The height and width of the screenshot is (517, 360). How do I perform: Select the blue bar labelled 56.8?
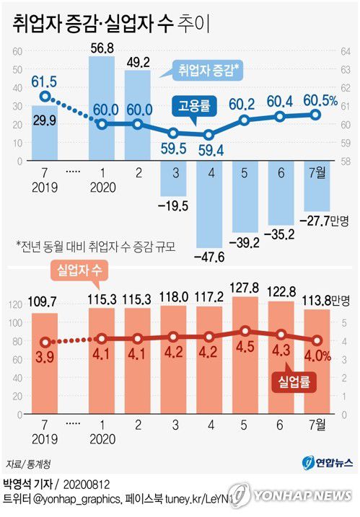click(x=101, y=87)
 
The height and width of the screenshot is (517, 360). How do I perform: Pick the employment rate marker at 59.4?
click(x=209, y=134)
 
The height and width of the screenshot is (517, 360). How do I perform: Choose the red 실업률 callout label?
click(x=295, y=382)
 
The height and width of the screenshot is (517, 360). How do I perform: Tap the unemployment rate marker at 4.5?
click(x=245, y=331)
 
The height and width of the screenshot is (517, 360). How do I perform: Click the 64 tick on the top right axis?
click(x=345, y=50)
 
